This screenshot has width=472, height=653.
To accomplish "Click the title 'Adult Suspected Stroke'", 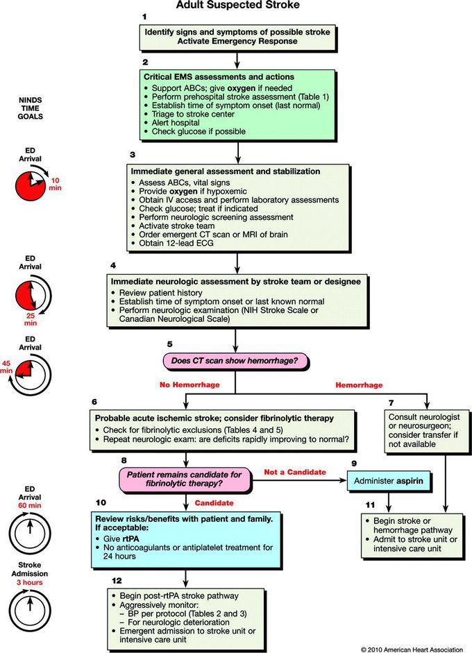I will pos(237,6).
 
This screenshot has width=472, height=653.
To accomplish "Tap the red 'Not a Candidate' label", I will pos(296,472).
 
